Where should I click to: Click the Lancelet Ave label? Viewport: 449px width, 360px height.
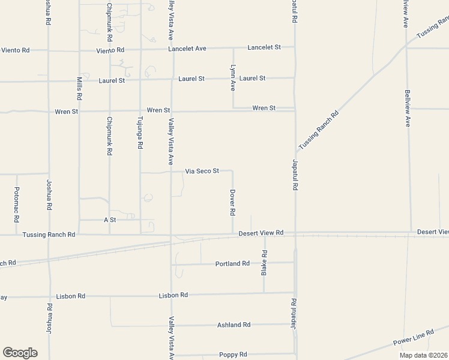tap(187, 48)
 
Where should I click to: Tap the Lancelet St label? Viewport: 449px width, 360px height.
tap(264, 47)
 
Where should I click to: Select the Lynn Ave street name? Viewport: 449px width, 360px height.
tap(232, 78)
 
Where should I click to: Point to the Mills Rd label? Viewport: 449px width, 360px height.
tap(79, 88)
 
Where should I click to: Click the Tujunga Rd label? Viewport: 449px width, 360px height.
tap(140, 133)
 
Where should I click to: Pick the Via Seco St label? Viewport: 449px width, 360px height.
tap(201, 171)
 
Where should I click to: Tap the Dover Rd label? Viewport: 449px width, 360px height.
tap(232, 203)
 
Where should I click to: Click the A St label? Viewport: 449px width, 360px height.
tap(109, 220)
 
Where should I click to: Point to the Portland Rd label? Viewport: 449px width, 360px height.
tap(232, 263)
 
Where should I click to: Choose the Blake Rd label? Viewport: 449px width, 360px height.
tap(264, 263)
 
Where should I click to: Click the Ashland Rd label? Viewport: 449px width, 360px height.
tap(234, 325)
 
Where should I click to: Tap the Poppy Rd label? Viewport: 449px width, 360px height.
tap(233, 355)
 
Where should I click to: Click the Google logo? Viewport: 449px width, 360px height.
tap(20, 353)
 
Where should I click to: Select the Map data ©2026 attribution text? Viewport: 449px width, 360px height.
tap(424, 355)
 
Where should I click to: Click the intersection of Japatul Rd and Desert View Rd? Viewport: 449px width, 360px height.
tap(295, 233)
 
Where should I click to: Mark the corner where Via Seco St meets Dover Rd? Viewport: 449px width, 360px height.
tap(232, 171)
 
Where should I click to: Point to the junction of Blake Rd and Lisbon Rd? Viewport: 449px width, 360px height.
tap(264, 293)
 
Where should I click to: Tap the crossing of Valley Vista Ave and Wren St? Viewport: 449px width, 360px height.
tap(172, 111)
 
